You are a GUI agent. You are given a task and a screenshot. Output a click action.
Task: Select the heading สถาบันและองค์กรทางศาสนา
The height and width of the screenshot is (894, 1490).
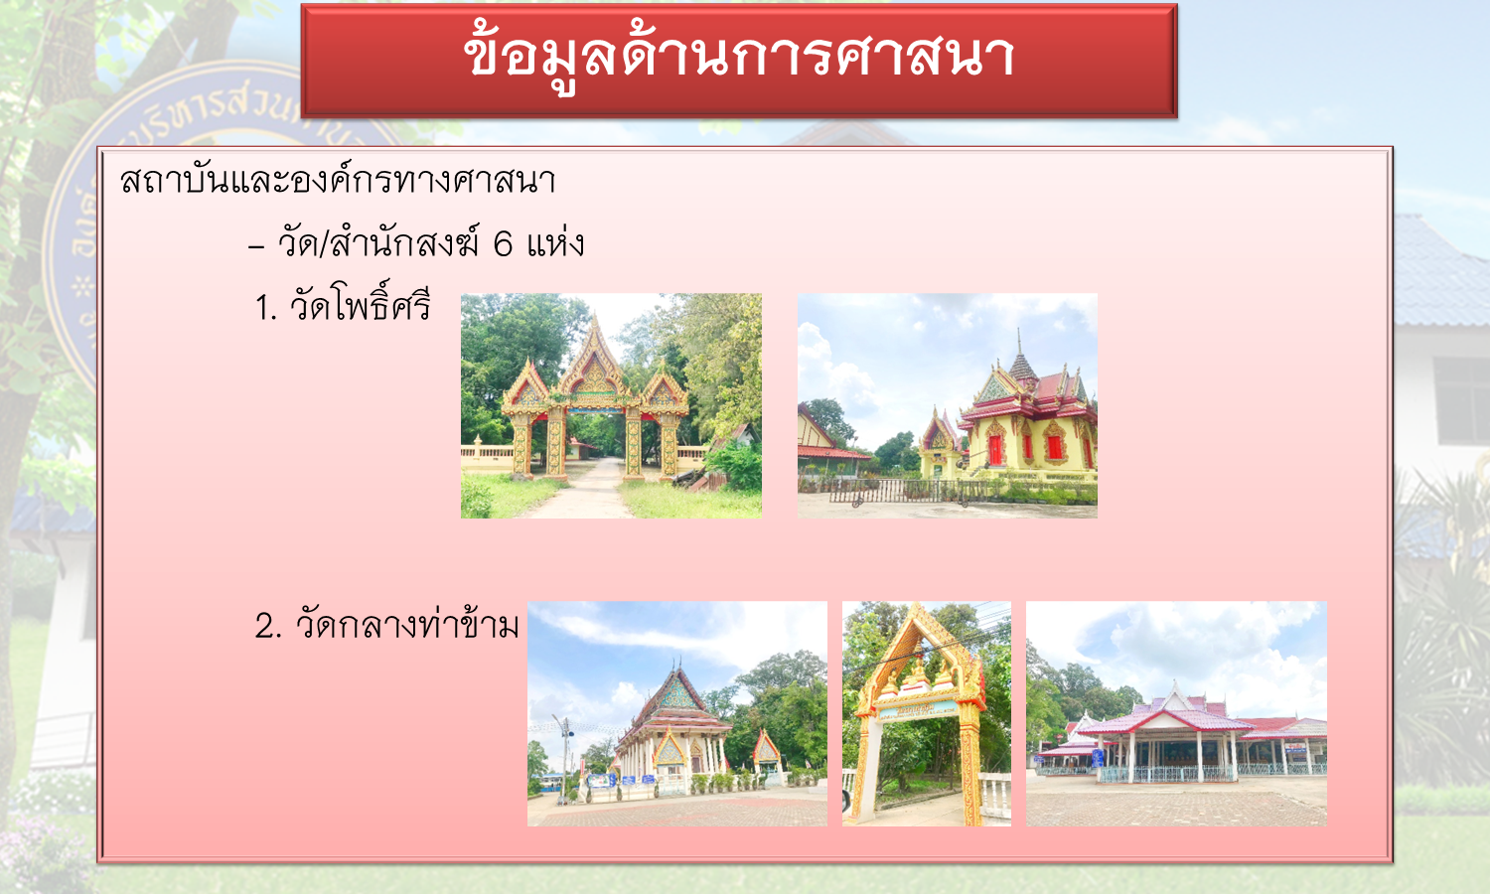click(338, 180)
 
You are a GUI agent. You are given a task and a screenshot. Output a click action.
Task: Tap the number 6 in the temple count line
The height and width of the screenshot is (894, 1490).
click(503, 244)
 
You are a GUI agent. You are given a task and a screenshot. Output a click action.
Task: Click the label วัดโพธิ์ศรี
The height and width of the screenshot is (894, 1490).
click(360, 305)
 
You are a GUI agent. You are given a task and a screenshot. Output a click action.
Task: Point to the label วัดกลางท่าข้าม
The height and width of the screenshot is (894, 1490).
click(406, 625)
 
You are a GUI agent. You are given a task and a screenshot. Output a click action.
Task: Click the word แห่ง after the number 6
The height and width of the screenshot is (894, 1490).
click(555, 242)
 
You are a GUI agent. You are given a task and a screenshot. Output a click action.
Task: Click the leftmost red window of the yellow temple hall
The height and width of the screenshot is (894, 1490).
click(994, 450)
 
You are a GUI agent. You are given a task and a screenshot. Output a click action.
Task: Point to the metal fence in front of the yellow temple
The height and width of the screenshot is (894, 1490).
click(898, 491)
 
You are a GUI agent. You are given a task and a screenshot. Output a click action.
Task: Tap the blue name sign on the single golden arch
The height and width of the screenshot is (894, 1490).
click(917, 711)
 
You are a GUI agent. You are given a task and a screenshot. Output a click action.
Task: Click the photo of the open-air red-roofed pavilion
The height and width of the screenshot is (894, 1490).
click(1176, 714)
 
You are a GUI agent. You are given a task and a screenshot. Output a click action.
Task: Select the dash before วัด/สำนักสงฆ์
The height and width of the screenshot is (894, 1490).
click(256, 246)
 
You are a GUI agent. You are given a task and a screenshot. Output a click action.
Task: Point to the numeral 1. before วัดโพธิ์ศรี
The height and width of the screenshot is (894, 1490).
click(265, 308)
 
